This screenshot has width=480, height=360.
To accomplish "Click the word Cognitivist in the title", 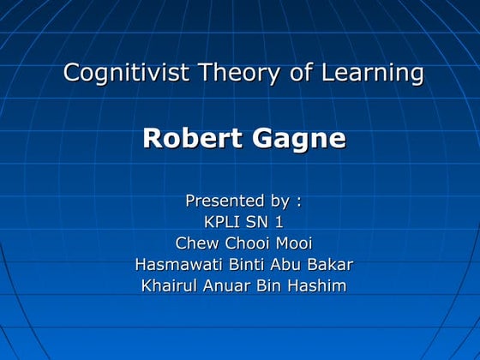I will click(127, 73).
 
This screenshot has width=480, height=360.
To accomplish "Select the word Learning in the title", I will click(372, 73).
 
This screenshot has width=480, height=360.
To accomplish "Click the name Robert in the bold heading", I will click(187, 139).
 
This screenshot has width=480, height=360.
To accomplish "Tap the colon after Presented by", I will click(297, 202).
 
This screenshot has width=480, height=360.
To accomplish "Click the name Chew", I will click(196, 243).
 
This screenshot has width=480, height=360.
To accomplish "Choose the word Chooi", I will click(245, 243).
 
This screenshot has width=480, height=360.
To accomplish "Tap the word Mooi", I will click(292, 243).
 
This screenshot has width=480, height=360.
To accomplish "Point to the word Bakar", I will click(329, 265).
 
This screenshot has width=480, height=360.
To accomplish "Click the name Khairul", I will click(170, 286).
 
